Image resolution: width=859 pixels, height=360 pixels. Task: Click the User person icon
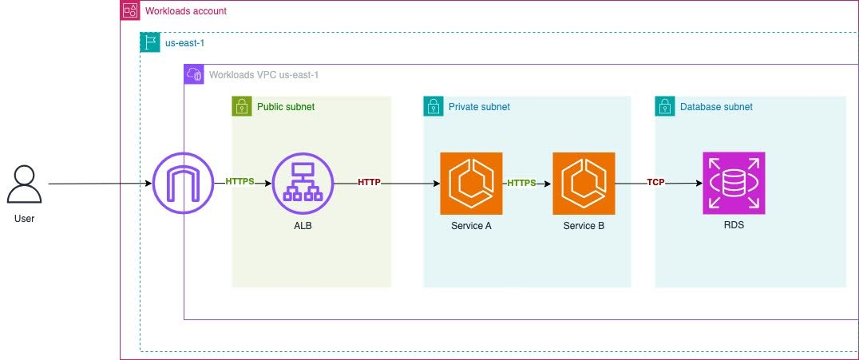(25, 184)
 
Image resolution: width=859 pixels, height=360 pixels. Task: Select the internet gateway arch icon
(184, 184)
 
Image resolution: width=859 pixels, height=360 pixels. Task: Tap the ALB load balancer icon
(303, 184)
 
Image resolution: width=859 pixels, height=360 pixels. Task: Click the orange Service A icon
(471, 184)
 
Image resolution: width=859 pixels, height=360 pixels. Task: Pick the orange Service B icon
(584, 184)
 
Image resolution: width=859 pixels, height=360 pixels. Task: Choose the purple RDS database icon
(734, 184)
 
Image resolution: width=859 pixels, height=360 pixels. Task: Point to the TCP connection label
(655, 182)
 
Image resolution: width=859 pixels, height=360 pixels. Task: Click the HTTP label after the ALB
(370, 182)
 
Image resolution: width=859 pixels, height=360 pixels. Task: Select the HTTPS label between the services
(521, 182)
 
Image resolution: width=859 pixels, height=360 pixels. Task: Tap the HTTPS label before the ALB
(239, 182)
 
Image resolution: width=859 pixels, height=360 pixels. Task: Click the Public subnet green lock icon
(241, 106)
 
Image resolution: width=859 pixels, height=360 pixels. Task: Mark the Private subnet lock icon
(433, 106)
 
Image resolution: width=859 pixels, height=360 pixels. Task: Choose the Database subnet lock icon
(664, 106)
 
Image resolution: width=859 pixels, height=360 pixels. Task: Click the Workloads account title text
(185, 11)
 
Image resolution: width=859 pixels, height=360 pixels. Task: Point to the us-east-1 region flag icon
(148, 42)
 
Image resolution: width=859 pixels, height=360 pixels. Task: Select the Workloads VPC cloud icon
(193, 74)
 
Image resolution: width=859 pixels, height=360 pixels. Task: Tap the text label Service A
(471, 226)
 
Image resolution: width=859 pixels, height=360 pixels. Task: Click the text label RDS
(734, 226)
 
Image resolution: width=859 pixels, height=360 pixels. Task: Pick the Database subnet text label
(716, 106)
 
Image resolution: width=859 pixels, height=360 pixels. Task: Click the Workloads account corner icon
(129, 11)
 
